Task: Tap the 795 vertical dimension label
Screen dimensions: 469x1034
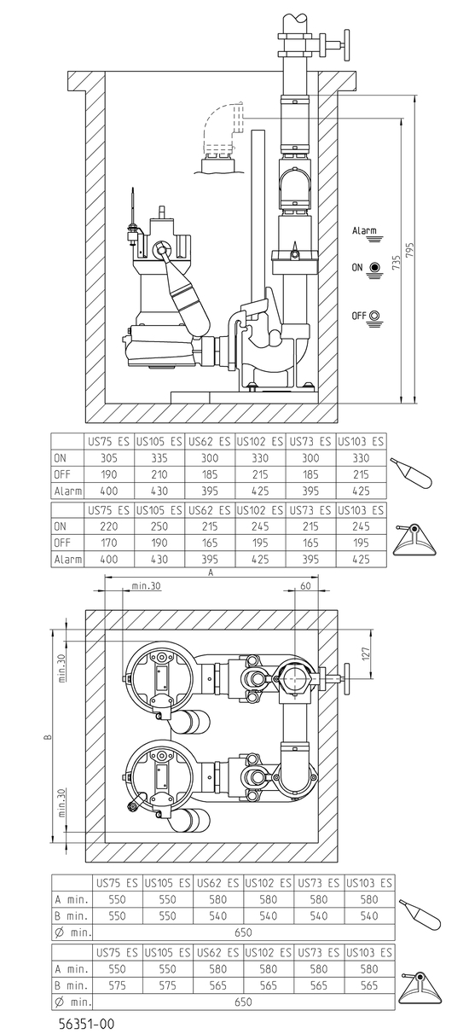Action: [x=410, y=250]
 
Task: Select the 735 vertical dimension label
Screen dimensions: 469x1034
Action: [x=397, y=262]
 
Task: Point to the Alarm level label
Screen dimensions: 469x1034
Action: [x=364, y=230]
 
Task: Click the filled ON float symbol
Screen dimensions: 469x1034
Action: [x=375, y=267]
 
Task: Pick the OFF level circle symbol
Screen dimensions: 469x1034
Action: [x=375, y=316]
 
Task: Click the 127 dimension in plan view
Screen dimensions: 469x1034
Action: [x=366, y=654]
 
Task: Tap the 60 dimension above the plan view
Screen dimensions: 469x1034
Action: [x=306, y=585]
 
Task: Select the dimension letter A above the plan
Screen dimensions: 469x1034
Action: [x=211, y=572]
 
